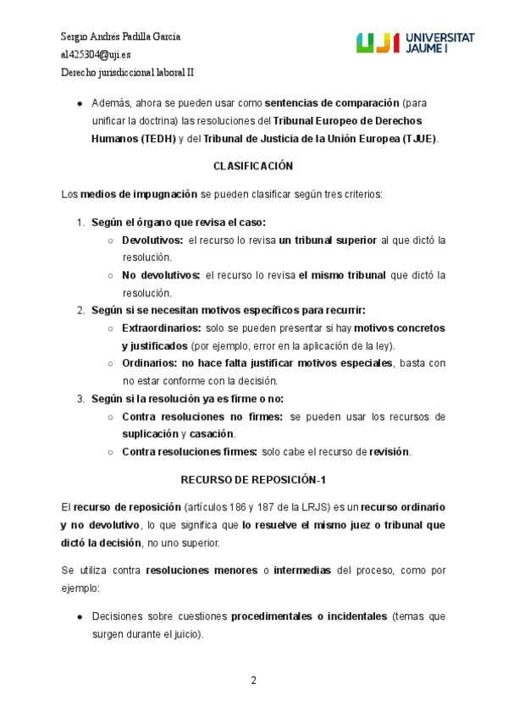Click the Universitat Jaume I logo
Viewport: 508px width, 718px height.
coord(414,44)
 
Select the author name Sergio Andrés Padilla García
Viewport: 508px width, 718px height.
coord(121,36)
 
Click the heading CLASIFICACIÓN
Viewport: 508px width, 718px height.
coord(253,166)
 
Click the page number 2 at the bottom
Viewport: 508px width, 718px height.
coord(253,680)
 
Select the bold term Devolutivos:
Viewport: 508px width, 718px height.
coord(152,240)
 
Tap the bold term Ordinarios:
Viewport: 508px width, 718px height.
coord(149,363)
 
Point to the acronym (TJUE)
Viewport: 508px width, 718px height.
coord(419,139)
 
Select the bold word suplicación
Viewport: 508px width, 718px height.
coord(149,434)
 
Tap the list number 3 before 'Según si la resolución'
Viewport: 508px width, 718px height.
coord(80,399)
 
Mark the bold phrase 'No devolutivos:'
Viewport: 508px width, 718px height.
coord(161,275)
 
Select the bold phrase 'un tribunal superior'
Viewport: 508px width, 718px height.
coord(328,240)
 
